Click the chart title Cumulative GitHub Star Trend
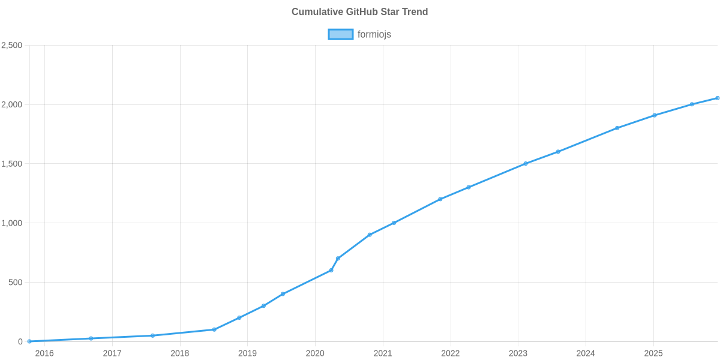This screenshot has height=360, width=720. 359,12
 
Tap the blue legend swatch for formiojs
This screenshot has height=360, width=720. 340,35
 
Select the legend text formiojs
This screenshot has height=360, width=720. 374,35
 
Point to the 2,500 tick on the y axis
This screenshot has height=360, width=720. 12,46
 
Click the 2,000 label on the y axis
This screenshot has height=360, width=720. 12,105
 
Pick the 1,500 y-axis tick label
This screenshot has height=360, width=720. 12,164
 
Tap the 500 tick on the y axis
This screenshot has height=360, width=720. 16,283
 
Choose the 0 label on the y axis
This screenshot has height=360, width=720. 20,342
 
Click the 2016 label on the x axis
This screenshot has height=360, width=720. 44,353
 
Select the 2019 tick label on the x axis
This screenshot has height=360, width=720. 247,353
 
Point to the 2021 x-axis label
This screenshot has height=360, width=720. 383,353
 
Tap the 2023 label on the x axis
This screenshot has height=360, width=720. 518,353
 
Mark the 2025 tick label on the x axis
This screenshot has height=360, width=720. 653,353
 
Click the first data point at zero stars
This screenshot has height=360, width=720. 29,341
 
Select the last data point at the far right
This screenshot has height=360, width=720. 717,98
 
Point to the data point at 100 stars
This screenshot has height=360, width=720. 214,329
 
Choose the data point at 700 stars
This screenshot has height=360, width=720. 338,259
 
